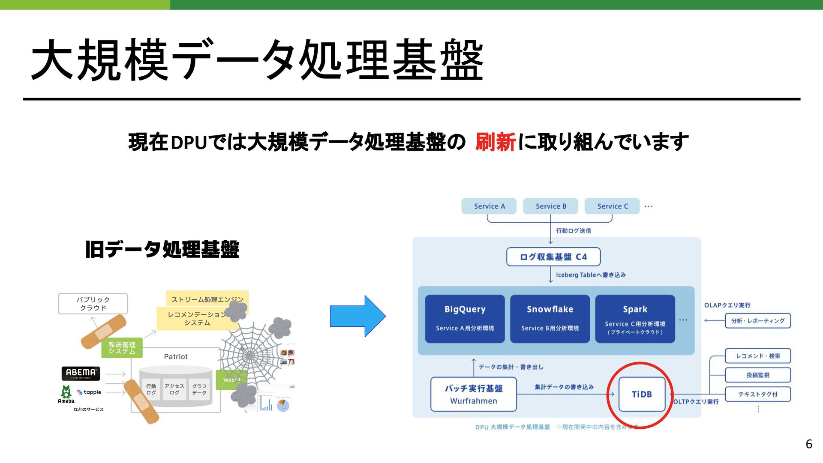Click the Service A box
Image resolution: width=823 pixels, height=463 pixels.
tap(489, 206)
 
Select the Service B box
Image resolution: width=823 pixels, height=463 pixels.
tap(551, 206)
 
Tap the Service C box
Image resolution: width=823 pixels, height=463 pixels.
tap(612, 206)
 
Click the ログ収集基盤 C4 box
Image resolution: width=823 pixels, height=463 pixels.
tap(553, 257)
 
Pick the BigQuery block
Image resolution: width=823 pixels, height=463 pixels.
tap(465, 319)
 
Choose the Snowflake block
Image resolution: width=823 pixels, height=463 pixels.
tap(550, 319)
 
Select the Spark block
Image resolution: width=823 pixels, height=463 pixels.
tap(635, 319)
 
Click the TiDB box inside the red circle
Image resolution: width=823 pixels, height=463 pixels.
tap(642, 394)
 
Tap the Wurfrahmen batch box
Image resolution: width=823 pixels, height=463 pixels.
tap(473, 394)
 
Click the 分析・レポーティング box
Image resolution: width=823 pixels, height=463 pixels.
tap(757, 321)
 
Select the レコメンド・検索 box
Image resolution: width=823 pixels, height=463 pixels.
tap(757, 356)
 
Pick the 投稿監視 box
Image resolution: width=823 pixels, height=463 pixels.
tap(757, 375)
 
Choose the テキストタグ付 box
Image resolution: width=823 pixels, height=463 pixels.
tap(757, 394)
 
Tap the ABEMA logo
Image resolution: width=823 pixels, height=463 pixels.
tap(81, 373)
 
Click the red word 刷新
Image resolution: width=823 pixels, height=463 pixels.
tap(495, 142)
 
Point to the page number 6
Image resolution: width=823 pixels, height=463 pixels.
tap(809, 444)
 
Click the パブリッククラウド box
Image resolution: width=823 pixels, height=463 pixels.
tap(93, 304)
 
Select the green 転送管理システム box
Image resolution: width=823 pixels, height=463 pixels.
tap(122, 348)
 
